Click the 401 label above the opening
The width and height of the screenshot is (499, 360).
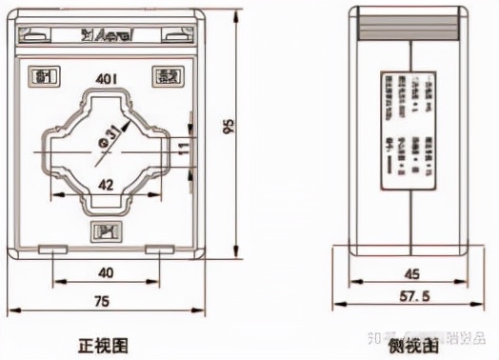106,75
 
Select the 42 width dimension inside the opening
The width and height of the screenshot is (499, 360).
107,185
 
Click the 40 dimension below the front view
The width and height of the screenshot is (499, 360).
106,272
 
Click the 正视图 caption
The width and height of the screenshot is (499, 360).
104,343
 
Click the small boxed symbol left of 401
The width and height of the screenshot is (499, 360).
42,75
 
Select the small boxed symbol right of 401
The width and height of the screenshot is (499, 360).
166,75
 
